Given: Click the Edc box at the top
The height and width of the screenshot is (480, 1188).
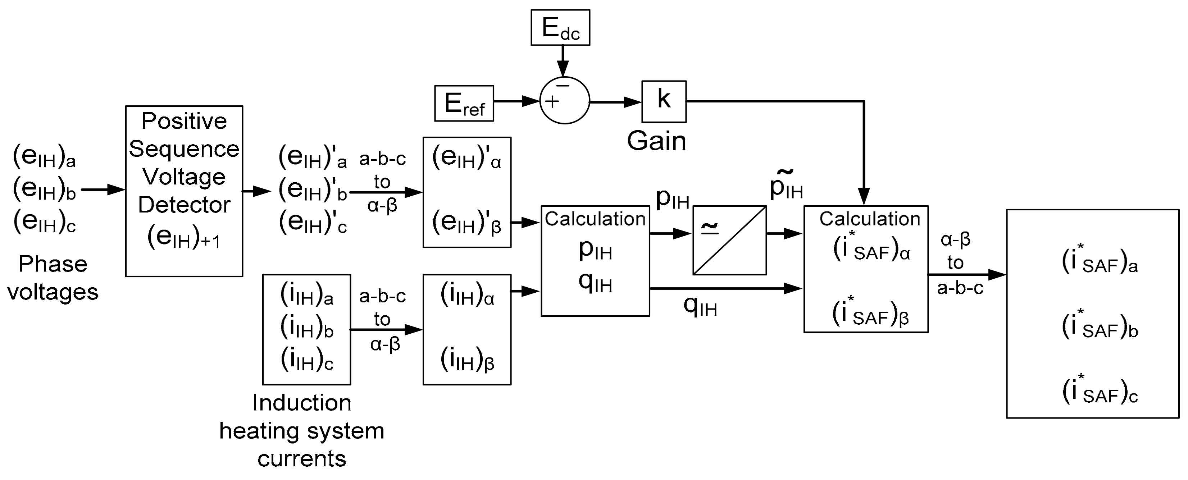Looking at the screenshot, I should tap(560, 28).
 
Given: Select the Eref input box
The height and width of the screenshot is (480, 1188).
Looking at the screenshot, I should tap(464, 103).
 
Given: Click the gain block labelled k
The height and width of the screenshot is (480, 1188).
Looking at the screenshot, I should tap(664, 101).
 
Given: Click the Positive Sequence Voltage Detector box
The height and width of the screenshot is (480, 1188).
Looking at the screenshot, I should tap(184, 191).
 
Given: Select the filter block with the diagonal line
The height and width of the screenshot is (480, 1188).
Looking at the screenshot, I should tap(729, 240).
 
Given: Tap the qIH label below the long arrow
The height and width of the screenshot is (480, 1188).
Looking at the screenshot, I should tap(700, 306).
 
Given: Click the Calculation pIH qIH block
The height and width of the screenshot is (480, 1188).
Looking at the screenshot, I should tap(595, 261).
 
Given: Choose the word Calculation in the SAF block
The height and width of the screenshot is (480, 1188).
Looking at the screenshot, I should tap(869, 219).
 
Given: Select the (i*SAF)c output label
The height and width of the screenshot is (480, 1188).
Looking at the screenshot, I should tap(1100, 391).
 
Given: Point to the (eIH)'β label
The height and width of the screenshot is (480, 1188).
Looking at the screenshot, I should tap(466, 223).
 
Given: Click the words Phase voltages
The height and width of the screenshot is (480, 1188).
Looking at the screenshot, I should tap(53, 278).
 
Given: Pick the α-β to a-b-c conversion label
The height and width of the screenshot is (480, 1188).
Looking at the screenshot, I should tap(959, 263).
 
